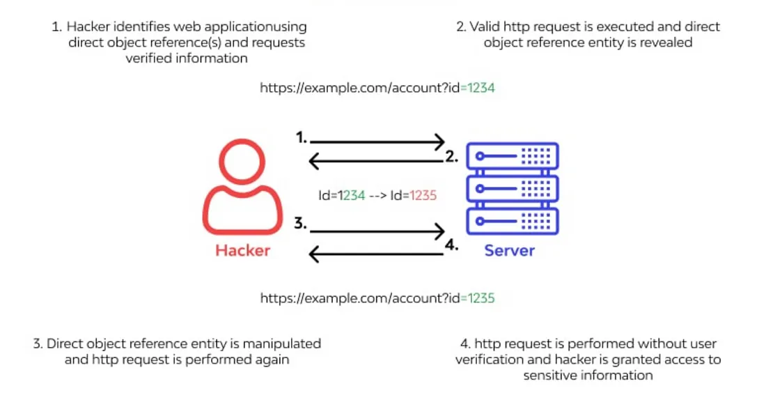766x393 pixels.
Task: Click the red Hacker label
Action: [x=243, y=250]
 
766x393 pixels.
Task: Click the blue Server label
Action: [x=510, y=250]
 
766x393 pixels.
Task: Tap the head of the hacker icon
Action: [x=242, y=161]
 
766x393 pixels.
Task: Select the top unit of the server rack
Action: [x=513, y=156]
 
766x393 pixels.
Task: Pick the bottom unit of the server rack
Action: [x=513, y=222]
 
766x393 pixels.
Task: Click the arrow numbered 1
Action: [x=377, y=141]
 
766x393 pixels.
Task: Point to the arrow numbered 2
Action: [x=375, y=161]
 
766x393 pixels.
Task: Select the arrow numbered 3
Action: [x=377, y=231]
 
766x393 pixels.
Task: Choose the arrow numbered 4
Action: [x=375, y=254]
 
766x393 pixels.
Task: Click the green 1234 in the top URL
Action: [x=481, y=88]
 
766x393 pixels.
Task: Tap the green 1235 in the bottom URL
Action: [x=481, y=298]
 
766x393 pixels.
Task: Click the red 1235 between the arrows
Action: [x=423, y=196]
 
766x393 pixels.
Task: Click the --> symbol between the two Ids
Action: [x=377, y=196]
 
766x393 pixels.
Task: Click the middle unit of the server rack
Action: [x=513, y=189]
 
